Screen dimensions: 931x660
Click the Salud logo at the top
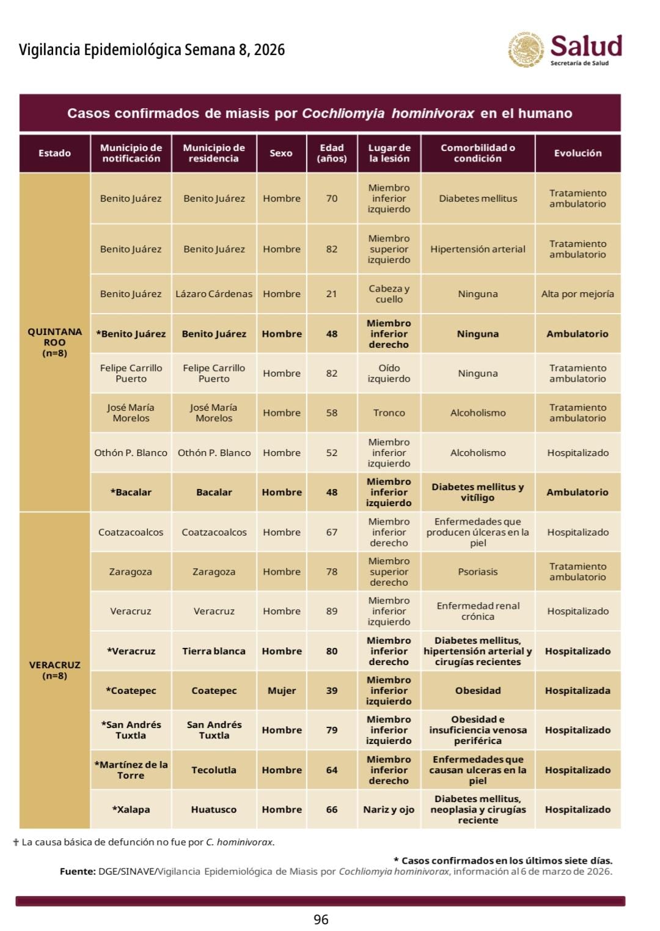tap(565, 50)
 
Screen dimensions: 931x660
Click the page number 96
tap(321, 919)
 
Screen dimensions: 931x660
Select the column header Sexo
tap(281, 153)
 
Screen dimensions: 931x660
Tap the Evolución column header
tap(577, 153)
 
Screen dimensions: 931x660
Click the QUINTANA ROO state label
tap(54, 342)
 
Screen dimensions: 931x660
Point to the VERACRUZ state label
tap(54, 670)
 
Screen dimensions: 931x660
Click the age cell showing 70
tap(332, 199)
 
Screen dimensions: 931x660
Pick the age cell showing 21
tap(332, 294)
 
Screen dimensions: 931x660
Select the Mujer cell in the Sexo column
tap(282, 691)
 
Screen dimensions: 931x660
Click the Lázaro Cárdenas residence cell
tap(214, 294)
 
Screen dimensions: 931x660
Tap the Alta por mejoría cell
tap(577, 294)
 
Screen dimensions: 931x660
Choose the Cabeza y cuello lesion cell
tap(389, 294)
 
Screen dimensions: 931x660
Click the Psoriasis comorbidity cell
tap(478, 572)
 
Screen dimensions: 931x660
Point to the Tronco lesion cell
tap(389, 413)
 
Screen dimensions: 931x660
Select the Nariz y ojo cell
tap(389, 810)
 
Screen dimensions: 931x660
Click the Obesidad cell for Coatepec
tap(478, 691)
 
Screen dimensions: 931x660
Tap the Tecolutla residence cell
tap(214, 770)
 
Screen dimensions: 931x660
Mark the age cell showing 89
tap(332, 611)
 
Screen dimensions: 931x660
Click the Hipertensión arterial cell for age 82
tap(478, 249)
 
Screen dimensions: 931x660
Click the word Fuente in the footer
tap(78, 872)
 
